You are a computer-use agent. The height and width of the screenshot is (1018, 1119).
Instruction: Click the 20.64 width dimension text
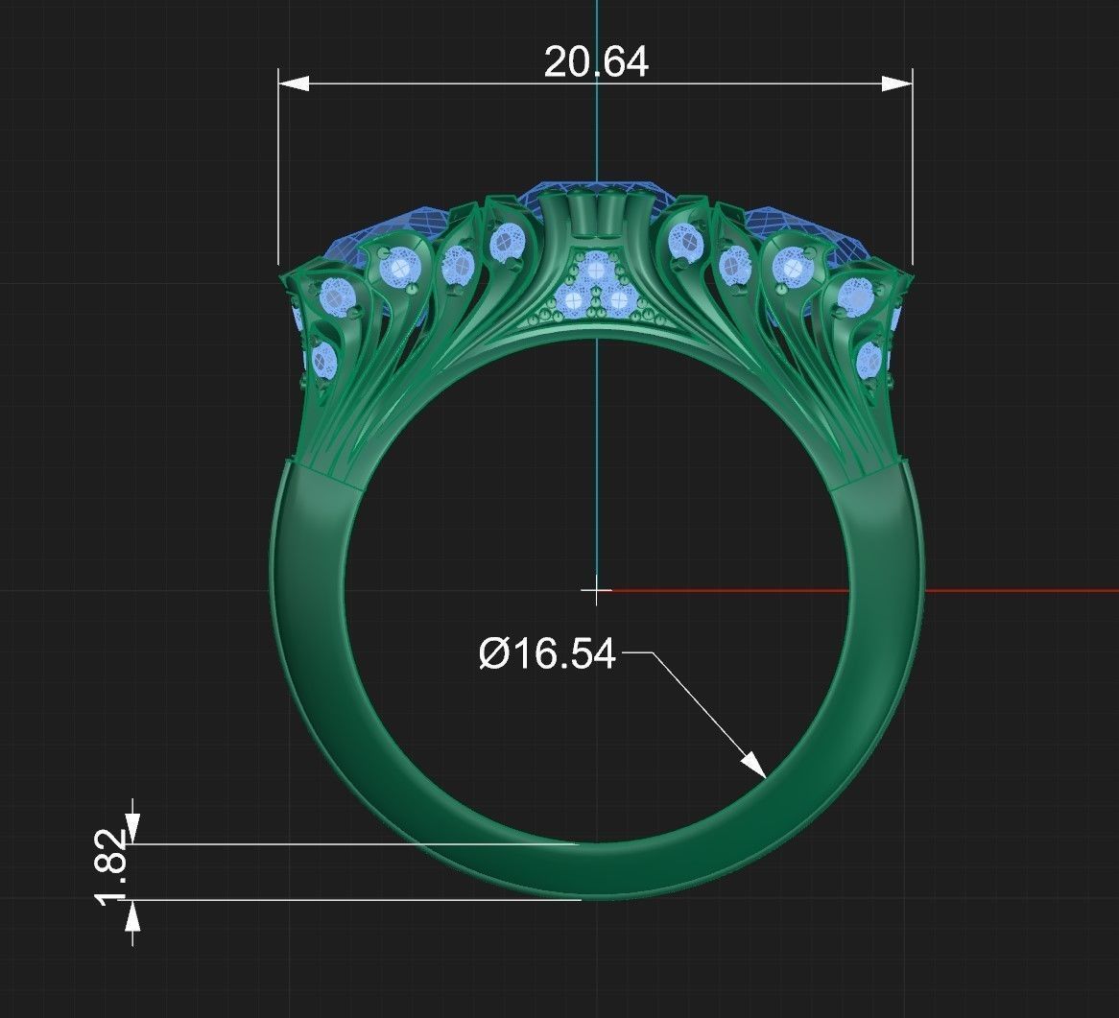point(596,62)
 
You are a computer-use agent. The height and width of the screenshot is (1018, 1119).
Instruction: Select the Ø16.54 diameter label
point(547,654)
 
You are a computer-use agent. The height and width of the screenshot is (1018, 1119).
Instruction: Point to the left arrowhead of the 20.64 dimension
point(294,84)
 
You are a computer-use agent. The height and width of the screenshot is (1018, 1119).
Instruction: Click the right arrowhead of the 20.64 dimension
point(897,84)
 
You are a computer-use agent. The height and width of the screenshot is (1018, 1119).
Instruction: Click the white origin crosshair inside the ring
point(596,591)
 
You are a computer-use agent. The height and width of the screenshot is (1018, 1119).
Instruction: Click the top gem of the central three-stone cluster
point(597,269)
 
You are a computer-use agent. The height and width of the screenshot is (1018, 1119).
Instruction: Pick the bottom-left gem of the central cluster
point(574,301)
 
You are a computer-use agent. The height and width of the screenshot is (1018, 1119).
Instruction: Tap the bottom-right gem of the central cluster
point(619,301)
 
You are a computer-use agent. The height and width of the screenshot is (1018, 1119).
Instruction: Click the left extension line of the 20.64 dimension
point(278,173)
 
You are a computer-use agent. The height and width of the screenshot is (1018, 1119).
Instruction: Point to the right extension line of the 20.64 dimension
point(912,173)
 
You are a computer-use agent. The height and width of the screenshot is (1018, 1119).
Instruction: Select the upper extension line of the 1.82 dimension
point(355,844)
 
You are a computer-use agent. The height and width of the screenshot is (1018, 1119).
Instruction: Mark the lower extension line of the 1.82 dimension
point(355,900)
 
